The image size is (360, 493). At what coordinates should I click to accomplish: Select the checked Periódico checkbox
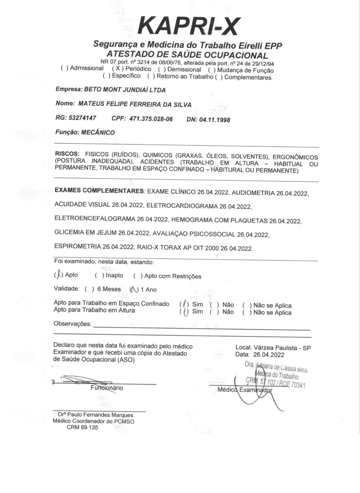pyautogui.click(x=116, y=68)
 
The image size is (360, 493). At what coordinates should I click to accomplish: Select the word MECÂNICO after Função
pyautogui.click(x=97, y=133)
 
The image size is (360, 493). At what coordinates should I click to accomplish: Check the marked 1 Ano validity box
pyautogui.click(x=134, y=290)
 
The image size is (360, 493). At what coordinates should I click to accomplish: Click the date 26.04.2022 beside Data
pyautogui.click(x=269, y=354)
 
